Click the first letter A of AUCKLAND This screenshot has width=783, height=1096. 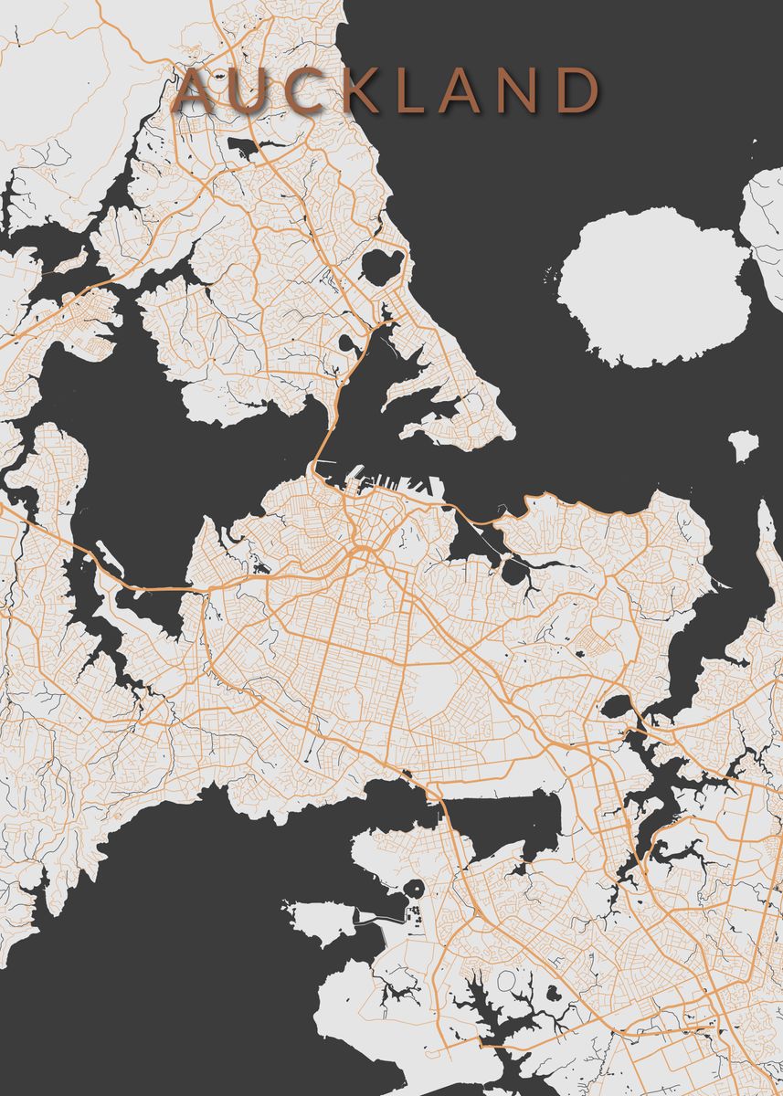(195, 92)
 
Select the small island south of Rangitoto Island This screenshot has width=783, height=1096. (743, 445)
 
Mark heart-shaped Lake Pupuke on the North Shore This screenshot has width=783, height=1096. (381, 266)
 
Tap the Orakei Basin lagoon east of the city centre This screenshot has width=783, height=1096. (513, 572)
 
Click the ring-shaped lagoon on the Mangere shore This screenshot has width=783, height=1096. (414, 888)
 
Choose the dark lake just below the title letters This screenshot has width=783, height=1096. (243, 147)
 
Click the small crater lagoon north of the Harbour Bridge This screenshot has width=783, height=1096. (349, 344)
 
